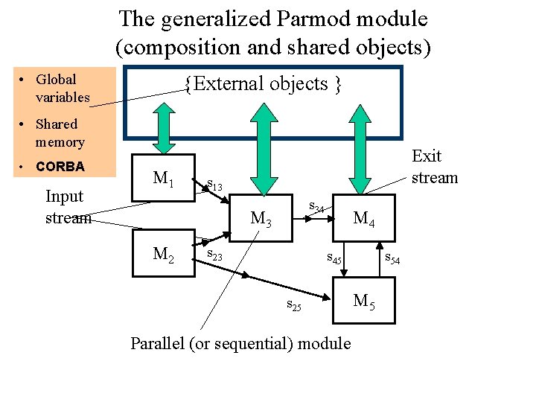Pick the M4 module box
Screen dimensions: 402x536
click(364, 219)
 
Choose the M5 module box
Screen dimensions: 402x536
click(364, 301)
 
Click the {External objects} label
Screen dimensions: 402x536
click(264, 84)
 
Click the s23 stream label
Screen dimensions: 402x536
click(215, 255)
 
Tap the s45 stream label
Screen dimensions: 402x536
click(335, 259)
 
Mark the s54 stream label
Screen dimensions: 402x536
click(392, 258)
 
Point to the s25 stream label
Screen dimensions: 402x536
click(294, 304)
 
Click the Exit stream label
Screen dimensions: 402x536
click(434, 167)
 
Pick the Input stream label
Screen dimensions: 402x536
click(68, 207)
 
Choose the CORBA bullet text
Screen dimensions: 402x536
click(60, 166)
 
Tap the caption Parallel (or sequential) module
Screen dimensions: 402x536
click(240, 343)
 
